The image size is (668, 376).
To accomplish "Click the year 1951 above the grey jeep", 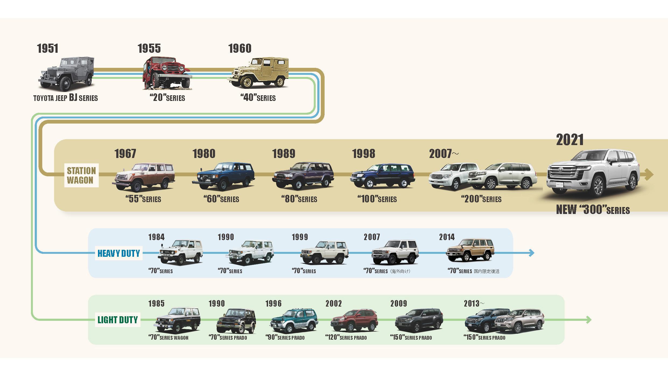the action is pos(48,48).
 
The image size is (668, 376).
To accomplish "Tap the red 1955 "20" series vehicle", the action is pos(167,73).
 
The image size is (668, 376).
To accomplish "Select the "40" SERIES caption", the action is pos(258,97).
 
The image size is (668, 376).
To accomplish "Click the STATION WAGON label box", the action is pos(81,175).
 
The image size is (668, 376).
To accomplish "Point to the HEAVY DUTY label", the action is pos(119,253).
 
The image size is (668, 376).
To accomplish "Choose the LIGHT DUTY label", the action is pos(118,320).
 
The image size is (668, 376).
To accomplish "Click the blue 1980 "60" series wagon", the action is pos(223,176).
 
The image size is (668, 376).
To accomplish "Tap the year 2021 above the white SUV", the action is pos(570,140).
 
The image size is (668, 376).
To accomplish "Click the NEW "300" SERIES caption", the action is pos(593,209).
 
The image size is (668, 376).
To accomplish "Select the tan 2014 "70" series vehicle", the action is pos(470,250).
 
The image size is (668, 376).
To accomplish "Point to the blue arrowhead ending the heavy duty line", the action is pos(531,253).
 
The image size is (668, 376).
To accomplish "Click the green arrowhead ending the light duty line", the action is pos(588,320).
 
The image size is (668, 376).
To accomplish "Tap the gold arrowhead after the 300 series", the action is pos(649,175).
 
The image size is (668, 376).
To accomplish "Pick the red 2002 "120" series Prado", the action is pos(354,321).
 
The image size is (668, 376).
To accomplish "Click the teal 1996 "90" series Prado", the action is pos(294,321).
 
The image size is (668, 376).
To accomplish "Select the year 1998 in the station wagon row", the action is pos(364,154).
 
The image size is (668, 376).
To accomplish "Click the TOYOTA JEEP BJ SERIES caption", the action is pos(65,98).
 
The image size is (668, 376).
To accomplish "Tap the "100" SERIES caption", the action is pos(377,199).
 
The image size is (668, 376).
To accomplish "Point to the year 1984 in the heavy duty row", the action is pos(156,237).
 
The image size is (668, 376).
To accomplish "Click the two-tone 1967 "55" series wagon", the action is pos(143,177).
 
